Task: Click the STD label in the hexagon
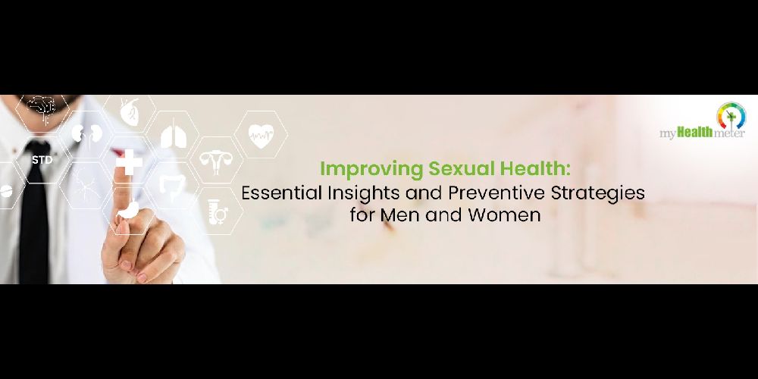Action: [x=42, y=159]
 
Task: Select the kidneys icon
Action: [x=87, y=133]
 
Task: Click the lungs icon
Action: [x=173, y=136]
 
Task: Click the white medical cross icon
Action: [x=129, y=162]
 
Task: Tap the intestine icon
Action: [x=172, y=186]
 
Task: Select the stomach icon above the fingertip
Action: [x=128, y=210]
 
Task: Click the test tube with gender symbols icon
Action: [x=218, y=212]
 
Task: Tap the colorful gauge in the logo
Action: [x=731, y=115]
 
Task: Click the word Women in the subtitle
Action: [x=504, y=215]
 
